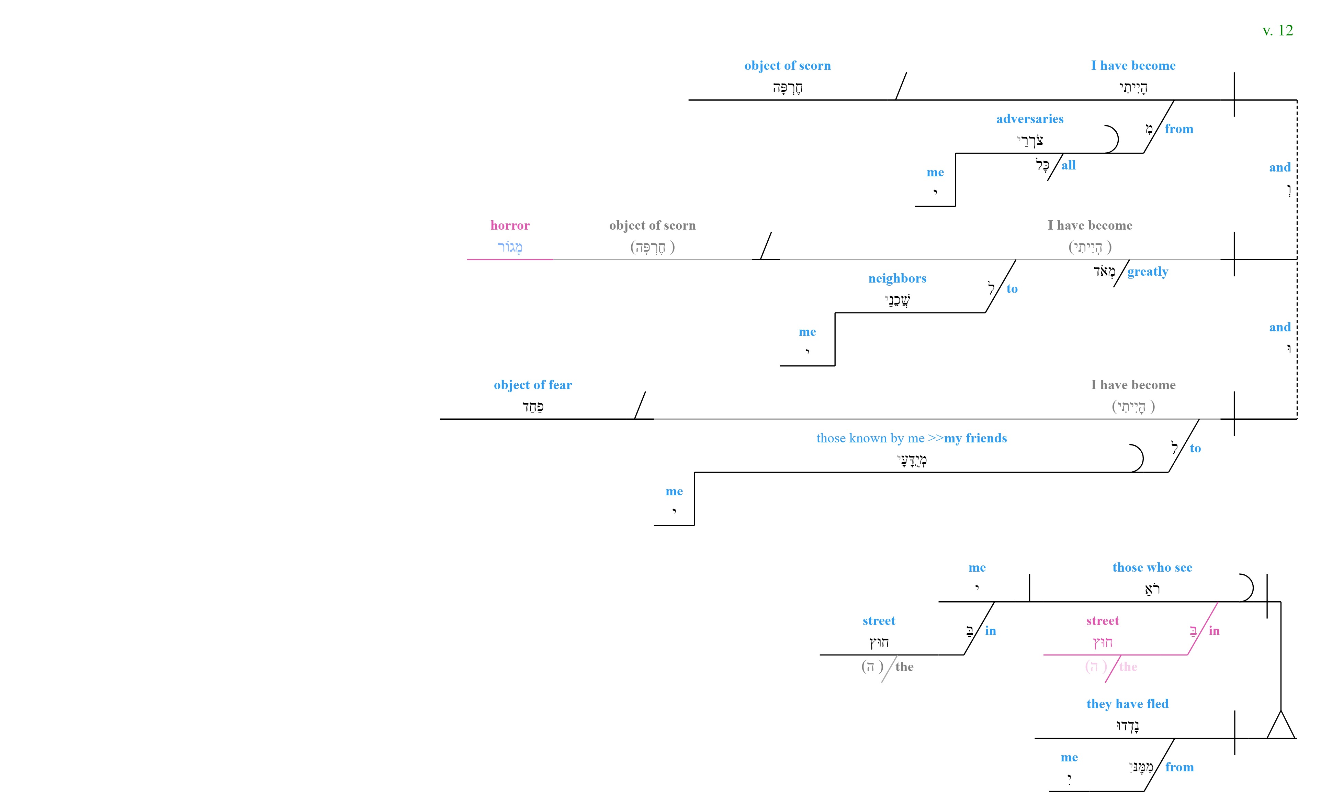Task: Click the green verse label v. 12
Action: pyautogui.click(x=1278, y=31)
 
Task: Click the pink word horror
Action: pyautogui.click(x=510, y=225)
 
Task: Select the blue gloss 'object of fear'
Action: pyautogui.click(x=533, y=385)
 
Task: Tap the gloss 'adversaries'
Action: pyautogui.click(x=1030, y=119)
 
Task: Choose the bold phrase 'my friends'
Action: pyautogui.click(x=976, y=438)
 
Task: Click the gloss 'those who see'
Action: pyautogui.click(x=1152, y=568)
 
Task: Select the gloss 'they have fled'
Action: pyautogui.click(x=1128, y=704)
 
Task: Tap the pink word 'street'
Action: pyautogui.click(x=1102, y=621)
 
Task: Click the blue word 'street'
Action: pyautogui.click(x=879, y=621)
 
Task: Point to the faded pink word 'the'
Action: pyautogui.click(x=1128, y=667)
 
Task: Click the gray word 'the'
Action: pyautogui.click(x=904, y=667)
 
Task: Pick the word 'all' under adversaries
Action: pyautogui.click(x=1069, y=165)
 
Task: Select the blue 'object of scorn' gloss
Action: pyautogui.click(x=788, y=65)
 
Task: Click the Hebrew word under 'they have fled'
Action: pyautogui.click(x=1128, y=726)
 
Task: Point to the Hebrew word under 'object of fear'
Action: pyautogui.click(x=533, y=407)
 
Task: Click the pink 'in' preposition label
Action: pyautogui.click(x=1214, y=631)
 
